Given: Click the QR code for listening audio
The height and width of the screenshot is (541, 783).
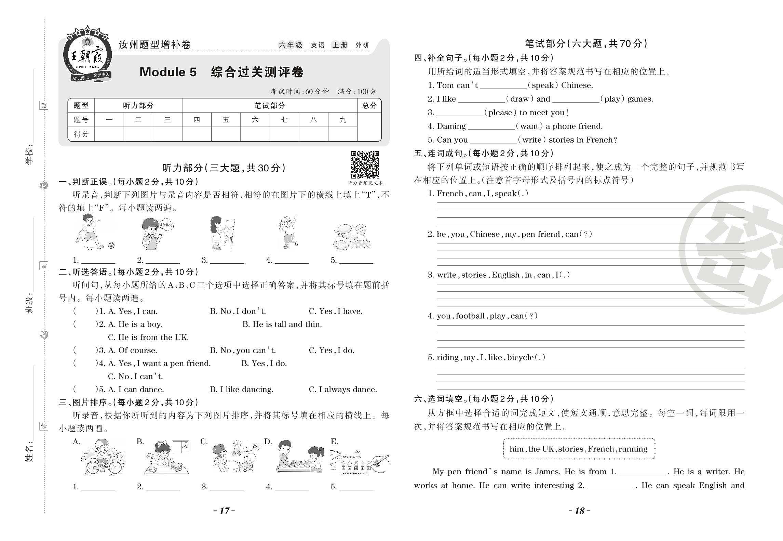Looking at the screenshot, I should (365, 164).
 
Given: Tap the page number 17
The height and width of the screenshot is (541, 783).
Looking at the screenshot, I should (224, 511).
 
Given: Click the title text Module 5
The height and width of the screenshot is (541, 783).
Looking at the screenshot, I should (168, 72).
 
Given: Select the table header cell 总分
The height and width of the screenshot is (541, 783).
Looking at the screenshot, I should (369, 106).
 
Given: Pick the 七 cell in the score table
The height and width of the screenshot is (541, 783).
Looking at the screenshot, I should (284, 120).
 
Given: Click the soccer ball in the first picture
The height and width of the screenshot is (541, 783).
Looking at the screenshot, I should (111, 245).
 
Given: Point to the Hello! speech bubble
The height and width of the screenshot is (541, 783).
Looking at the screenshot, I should (166, 225).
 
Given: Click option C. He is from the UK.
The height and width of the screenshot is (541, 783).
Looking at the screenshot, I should (148, 337).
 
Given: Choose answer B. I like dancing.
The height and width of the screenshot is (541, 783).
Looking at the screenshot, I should (241, 390).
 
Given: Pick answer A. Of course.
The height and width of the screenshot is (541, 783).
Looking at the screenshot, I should (132, 351).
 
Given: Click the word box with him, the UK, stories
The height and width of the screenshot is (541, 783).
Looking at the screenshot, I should (579, 449).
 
